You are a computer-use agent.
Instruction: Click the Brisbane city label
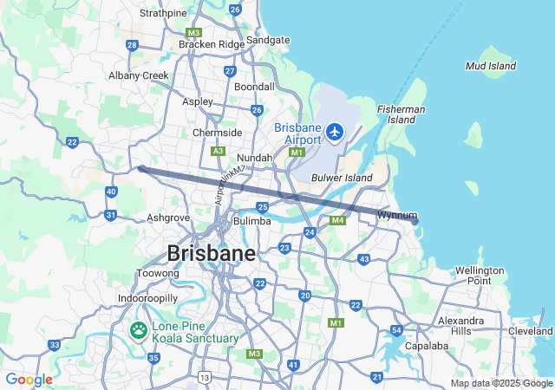tap(211, 253)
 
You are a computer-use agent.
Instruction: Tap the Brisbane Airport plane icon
tap(335, 133)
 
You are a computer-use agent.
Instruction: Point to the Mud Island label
tap(490, 66)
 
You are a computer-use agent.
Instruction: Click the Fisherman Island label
tap(401, 114)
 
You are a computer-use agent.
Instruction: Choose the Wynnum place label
tap(397, 215)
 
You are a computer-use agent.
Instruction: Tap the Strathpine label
tap(163, 13)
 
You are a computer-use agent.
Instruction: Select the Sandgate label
tap(268, 40)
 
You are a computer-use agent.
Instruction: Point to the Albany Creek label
tap(139, 75)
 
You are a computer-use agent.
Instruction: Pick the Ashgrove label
tap(168, 218)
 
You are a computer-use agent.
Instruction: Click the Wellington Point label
tap(480, 276)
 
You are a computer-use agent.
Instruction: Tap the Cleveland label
tap(531, 331)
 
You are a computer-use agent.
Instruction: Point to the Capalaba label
tap(426, 346)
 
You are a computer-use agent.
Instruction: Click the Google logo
tap(29, 380)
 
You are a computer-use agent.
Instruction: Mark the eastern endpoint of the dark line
tap(415, 221)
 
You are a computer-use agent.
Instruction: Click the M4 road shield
tap(337, 221)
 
